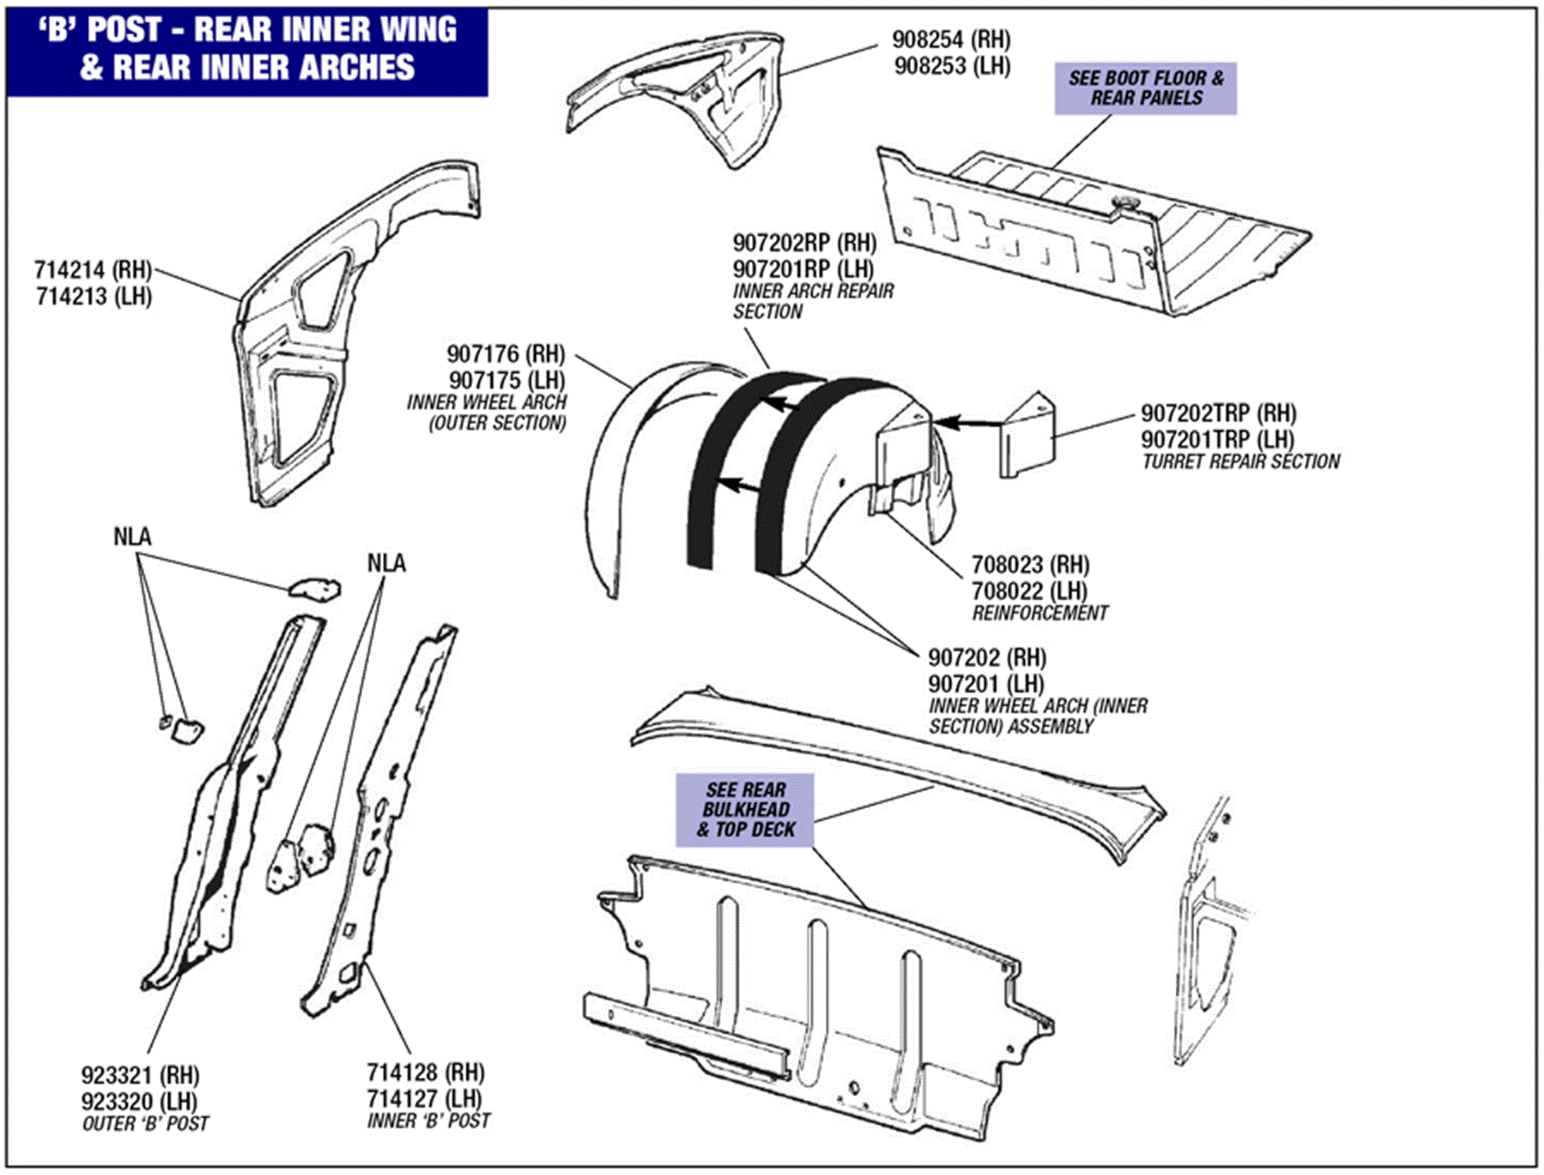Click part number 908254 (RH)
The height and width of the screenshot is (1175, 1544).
(951, 39)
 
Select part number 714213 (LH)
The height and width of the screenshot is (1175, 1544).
(93, 296)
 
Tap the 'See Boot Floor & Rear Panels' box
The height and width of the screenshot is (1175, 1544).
(1146, 89)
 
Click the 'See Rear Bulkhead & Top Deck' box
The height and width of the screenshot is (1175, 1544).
(745, 810)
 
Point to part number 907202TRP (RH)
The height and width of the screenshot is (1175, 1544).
(1218, 413)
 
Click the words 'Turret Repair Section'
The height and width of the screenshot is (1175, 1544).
(1241, 462)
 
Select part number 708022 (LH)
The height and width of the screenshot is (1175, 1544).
(1029, 591)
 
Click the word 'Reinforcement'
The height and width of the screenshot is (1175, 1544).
(1039, 613)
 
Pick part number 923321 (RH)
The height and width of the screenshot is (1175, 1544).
(140, 1075)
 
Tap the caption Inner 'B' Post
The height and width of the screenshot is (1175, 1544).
(428, 1120)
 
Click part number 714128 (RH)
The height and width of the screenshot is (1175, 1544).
(425, 1072)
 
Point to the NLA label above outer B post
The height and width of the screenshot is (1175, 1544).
(132, 537)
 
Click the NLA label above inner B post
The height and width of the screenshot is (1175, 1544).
(386, 564)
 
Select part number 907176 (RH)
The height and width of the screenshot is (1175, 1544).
(506, 354)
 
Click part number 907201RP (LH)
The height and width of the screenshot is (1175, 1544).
(803, 269)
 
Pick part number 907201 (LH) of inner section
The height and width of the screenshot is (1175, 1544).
(986, 684)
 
